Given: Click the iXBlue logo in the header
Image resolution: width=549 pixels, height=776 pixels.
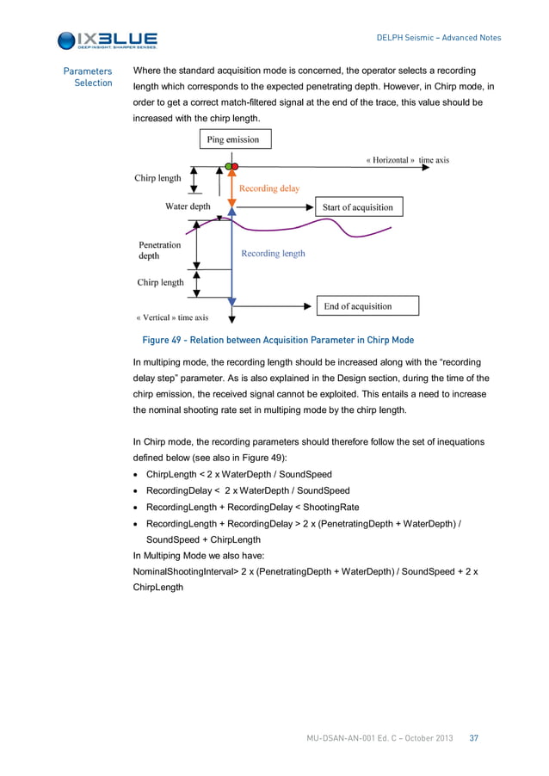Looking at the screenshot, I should click(x=107, y=40).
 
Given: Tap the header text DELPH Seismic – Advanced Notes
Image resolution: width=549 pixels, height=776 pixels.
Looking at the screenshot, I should click(x=439, y=38).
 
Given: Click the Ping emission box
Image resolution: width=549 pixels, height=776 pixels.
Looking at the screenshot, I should click(x=230, y=139).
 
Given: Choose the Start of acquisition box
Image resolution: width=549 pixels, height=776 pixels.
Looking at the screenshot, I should click(x=357, y=207).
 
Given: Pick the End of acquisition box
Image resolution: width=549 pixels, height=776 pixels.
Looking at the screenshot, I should click(x=357, y=305).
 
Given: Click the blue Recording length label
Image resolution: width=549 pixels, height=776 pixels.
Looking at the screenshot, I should click(x=273, y=254).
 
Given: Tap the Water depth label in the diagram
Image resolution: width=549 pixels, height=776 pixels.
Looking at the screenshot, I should click(x=188, y=206).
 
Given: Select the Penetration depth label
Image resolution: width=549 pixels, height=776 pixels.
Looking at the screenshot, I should click(x=160, y=250).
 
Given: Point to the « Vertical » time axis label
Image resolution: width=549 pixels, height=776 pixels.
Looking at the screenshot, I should click(x=172, y=317).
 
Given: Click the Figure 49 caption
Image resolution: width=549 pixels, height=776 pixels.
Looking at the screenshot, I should click(x=277, y=340).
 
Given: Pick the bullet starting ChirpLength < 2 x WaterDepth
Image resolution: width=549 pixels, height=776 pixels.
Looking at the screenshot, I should click(x=238, y=474).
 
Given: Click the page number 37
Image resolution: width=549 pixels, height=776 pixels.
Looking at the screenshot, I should click(x=473, y=738).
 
